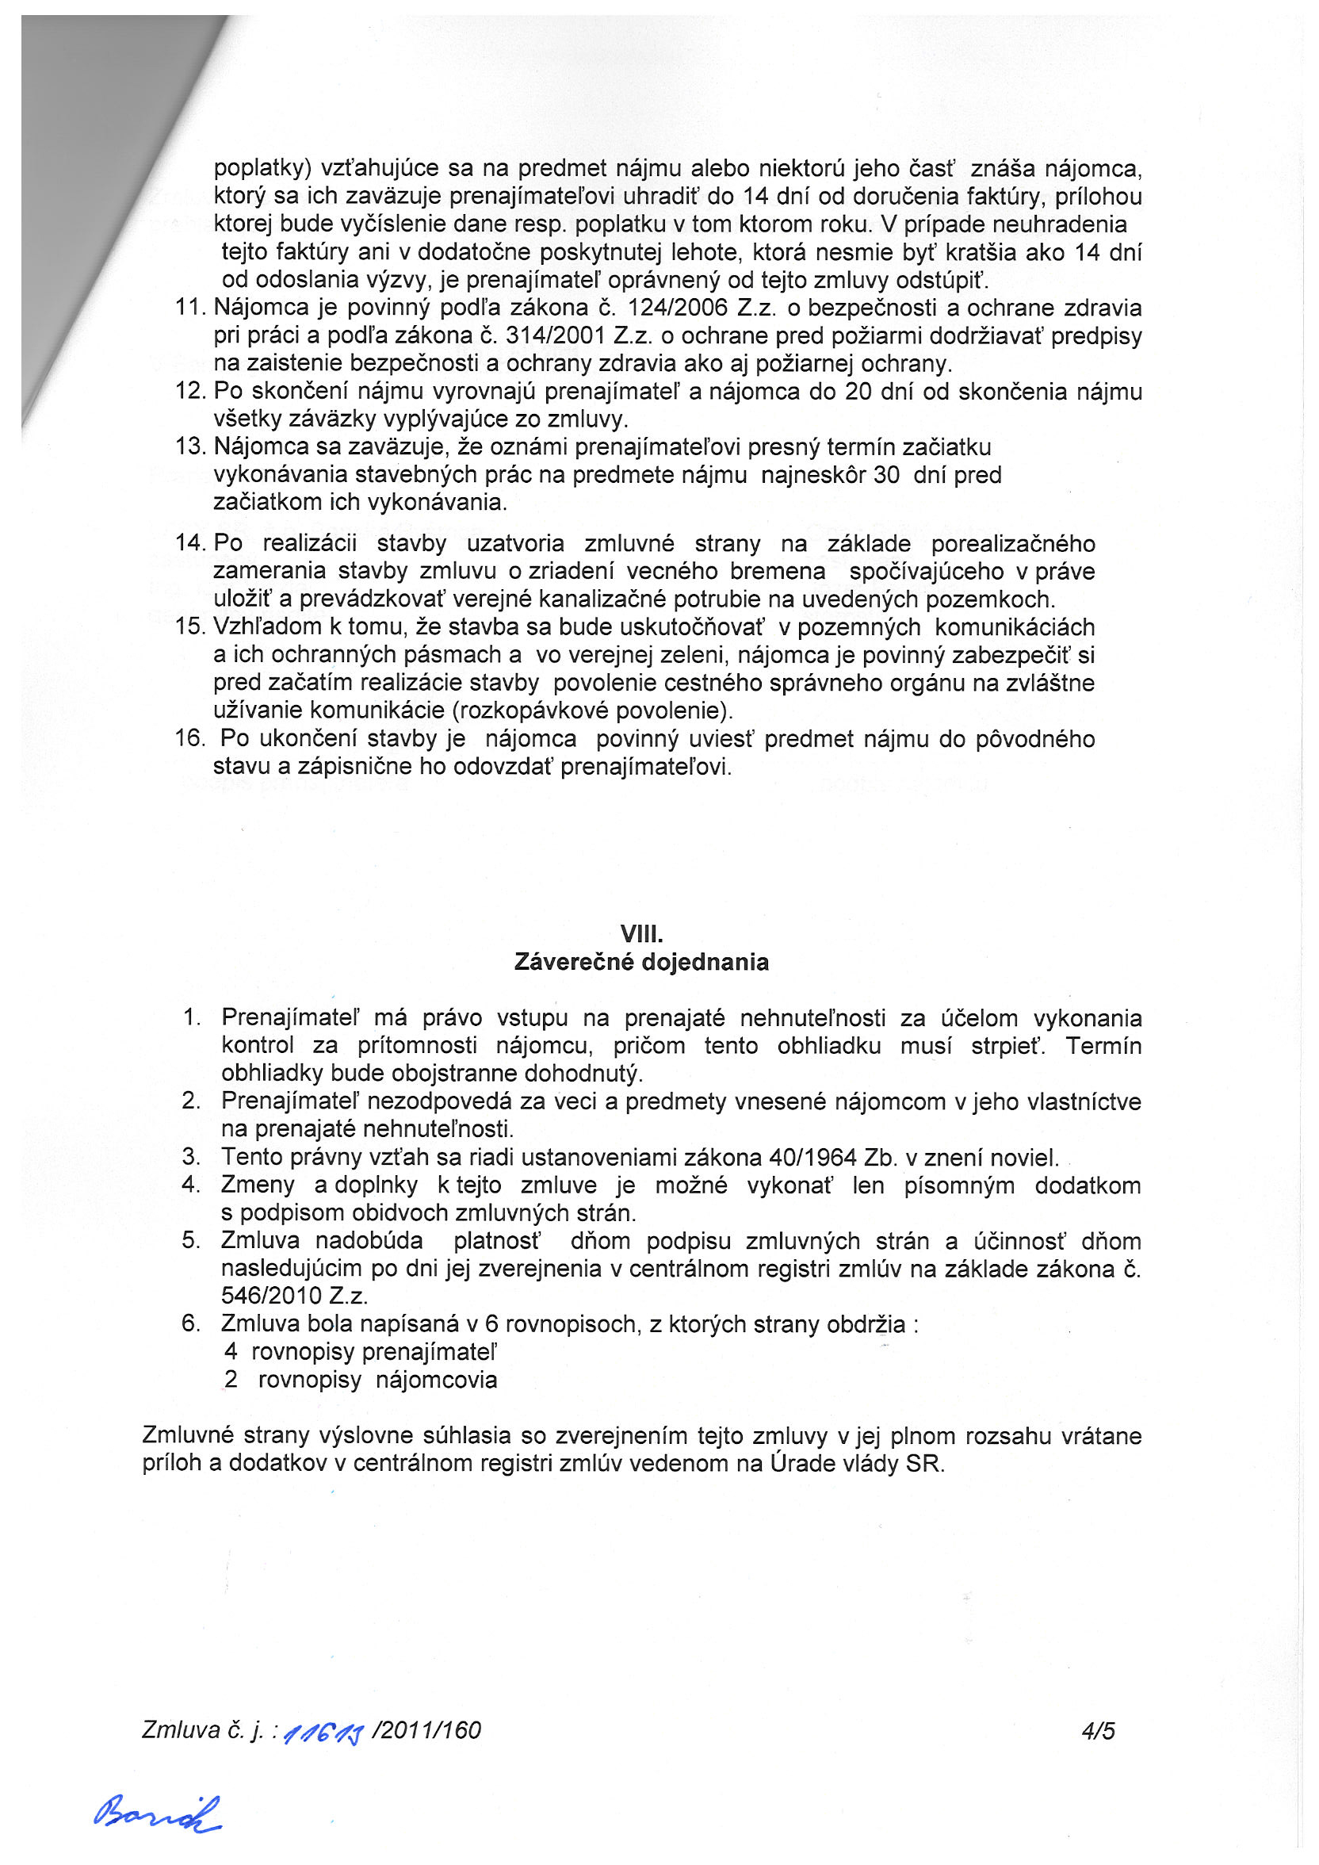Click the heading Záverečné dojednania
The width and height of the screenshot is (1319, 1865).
(641, 963)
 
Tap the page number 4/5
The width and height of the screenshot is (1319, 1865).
(1098, 1731)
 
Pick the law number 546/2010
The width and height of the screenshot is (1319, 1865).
(272, 1296)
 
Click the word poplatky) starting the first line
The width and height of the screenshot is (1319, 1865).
(263, 169)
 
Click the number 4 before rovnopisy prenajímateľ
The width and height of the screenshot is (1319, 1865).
(231, 1352)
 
